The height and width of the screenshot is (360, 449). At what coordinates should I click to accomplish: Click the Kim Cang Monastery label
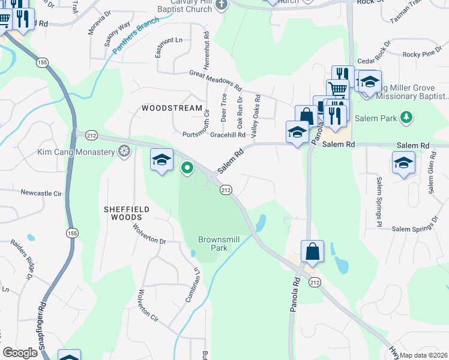pyautogui.click(x=76, y=152)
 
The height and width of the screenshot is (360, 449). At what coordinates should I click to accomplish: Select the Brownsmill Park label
pyautogui.click(x=219, y=244)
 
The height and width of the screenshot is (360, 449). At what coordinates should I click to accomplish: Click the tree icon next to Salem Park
pyautogui.click(x=406, y=117)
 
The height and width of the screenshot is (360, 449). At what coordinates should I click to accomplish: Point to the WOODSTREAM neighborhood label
pyautogui.click(x=172, y=108)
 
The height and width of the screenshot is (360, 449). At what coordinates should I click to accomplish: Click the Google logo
pyautogui.click(x=20, y=353)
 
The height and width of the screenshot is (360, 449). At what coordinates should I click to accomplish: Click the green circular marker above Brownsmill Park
pyautogui.click(x=187, y=168)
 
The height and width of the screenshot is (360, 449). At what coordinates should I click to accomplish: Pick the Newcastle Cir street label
pyautogui.click(x=41, y=193)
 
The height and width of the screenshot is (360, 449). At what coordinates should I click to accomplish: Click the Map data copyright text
pyautogui.click(x=424, y=354)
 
